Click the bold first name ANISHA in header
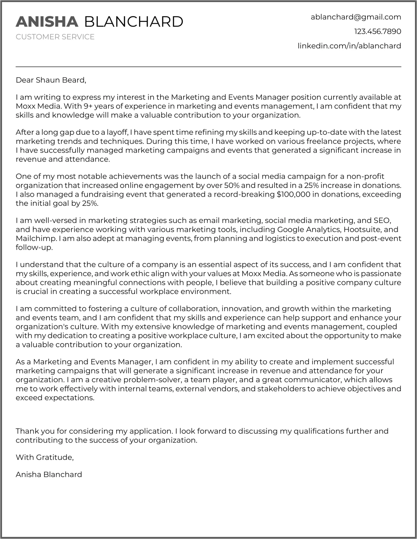click(47, 22)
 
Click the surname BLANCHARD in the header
click(134, 22)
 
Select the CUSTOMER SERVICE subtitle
click(55, 37)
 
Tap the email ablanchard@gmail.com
click(356, 17)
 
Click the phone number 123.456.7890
click(377, 32)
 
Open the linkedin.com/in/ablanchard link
click(349, 46)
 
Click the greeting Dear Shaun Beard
click(51, 80)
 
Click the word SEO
click(382, 221)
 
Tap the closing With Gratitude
click(45, 457)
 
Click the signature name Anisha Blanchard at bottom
click(49, 475)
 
